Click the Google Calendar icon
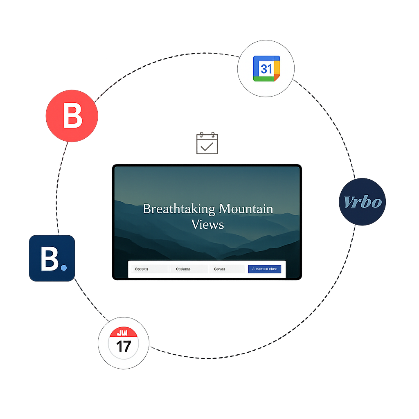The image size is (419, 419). [266, 69]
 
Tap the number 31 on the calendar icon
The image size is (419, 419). [266, 69]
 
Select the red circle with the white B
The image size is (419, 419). [72, 116]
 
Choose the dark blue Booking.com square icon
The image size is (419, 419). [52, 258]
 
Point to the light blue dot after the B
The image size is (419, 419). [64, 268]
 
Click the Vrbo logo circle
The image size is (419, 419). [363, 202]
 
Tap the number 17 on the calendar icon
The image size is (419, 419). [123, 347]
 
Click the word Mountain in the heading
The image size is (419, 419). [246, 209]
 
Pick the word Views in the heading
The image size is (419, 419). [207, 224]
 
